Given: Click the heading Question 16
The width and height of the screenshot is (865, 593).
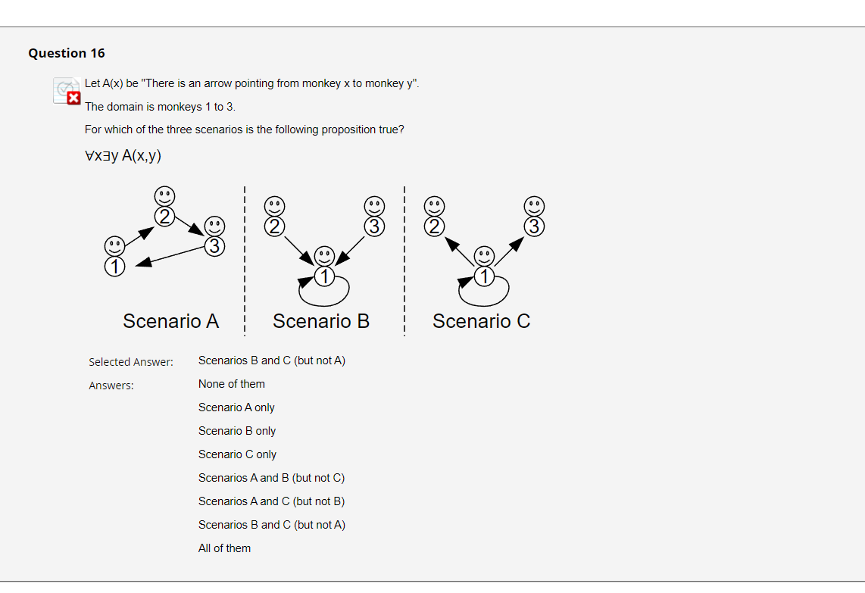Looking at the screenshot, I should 67,53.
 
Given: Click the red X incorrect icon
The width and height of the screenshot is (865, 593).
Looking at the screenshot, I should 73,98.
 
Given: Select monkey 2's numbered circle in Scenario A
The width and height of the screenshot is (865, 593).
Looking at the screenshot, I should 164,216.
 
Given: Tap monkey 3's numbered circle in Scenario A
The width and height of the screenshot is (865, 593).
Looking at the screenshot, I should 215,245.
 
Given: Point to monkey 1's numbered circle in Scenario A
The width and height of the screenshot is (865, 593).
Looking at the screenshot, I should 114,267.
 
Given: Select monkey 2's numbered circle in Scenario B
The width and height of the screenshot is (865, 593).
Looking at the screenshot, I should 274,226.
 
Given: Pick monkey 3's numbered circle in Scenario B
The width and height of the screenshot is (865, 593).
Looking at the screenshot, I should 373,226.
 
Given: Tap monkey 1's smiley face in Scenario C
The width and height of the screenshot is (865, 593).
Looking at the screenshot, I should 483,256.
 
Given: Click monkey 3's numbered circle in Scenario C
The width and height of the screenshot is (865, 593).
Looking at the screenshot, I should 534,226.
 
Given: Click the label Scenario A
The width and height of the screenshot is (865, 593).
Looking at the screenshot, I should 170,321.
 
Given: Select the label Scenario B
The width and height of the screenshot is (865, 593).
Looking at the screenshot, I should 321,321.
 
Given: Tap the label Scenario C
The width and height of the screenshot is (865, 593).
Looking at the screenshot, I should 481,321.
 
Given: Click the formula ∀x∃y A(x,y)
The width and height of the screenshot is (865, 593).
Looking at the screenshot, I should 123,155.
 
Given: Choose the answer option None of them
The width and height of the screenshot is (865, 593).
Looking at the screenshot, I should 231,384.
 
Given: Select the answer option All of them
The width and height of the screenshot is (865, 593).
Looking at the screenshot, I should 224,548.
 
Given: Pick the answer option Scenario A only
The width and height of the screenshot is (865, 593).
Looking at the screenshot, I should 236,407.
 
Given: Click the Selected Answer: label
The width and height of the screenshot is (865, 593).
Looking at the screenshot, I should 131,362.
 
